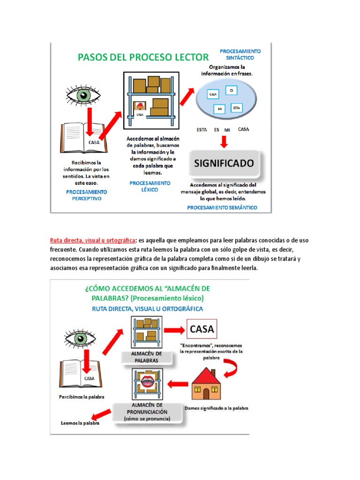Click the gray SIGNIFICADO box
coord(224,164)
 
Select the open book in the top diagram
coord(84,139)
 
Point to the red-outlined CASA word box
coord(202,329)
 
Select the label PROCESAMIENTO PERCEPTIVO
coord(87,195)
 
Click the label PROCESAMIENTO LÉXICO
coord(150,186)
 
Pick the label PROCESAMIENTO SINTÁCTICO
coord(240,54)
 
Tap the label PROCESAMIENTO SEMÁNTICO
coord(222,207)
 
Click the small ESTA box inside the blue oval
coord(237,108)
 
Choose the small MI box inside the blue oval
coord(219,109)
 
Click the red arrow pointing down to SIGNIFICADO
coord(224,141)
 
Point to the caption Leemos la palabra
coord(80,423)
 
